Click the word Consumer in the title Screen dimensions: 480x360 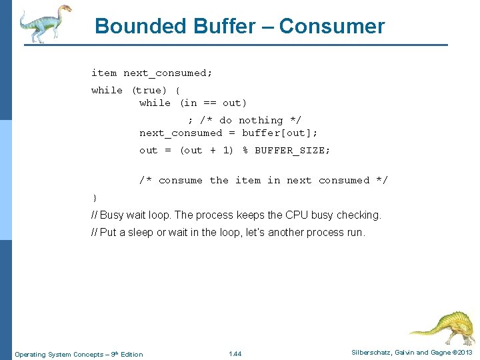pyautogui.click(x=332, y=26)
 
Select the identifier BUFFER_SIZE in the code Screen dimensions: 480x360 pyautogui.click(x=292, y=150)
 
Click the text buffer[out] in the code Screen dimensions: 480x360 pyautogui.click(x=279, y=133)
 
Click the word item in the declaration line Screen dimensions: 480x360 pyautogui.click(x=104, y=73)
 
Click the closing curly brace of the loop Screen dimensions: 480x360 pyautogui.click(x=95, y=197)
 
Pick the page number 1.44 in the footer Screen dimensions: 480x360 pyautogui.click(x=235, y=353)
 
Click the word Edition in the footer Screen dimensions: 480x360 pyautogui.click(x=131, y=354)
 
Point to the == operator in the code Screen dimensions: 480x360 pyautogui.click(x=209, y=103)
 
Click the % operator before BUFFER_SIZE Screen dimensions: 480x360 pyautogui.click(x=245, y=150)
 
